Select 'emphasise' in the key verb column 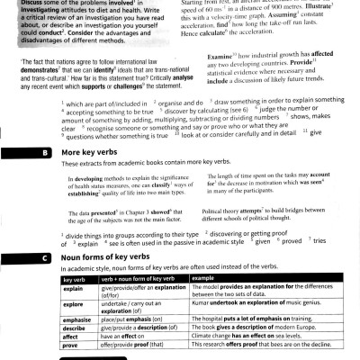click(x=54, y=318)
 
